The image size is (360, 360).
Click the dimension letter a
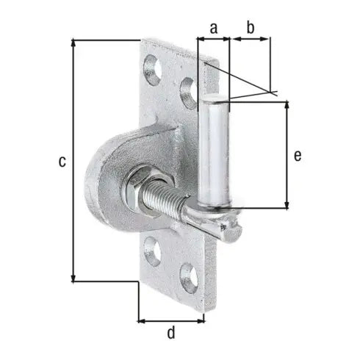[x=213, y=28]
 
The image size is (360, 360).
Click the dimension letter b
[x=249, y=28]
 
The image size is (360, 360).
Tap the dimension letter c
[x=63, y=160]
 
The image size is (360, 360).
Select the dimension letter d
[x=171, y=333]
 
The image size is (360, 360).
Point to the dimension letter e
[x=297, y=155]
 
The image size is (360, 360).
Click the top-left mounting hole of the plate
[x=153, y=70]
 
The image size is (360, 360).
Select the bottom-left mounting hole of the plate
[x=153, y=251]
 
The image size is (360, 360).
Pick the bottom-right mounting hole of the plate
[x=188, y=278]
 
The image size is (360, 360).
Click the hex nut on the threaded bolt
[x=140, y=190]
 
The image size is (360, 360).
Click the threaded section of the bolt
[x=173, y=200]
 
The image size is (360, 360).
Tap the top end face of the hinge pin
[x=214, y=97]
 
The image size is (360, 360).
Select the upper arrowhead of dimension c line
[x=74, y=43]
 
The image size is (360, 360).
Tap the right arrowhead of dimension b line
[x=267, y=40]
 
